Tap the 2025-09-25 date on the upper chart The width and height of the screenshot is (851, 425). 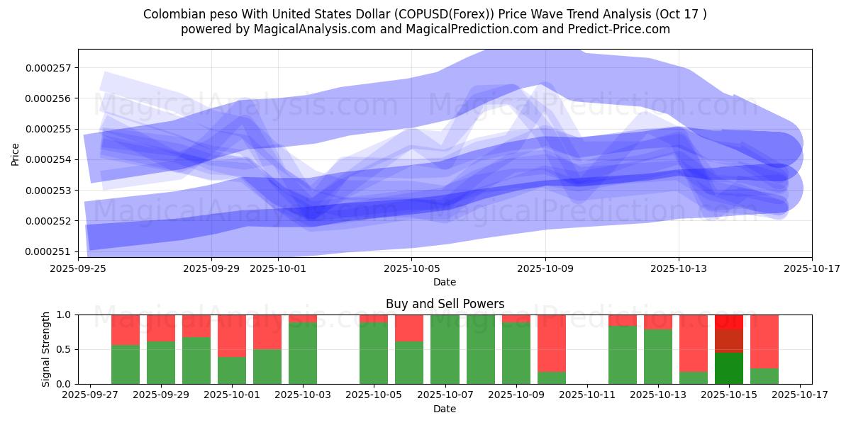click(x=78, y=269)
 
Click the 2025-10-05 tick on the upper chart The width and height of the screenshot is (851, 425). click(x=412, y=269)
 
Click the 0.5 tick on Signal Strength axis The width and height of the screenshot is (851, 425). click(x=64, y=349)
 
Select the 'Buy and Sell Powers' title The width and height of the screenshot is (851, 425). click(x=445, y=304)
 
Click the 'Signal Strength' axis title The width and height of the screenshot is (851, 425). click(x=46, y=349)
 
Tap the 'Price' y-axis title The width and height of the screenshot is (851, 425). click(x=16, y=154)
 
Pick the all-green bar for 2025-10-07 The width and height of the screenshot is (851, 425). click(x=445, y=349)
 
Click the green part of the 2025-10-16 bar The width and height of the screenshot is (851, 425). click(x=764, y=376)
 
